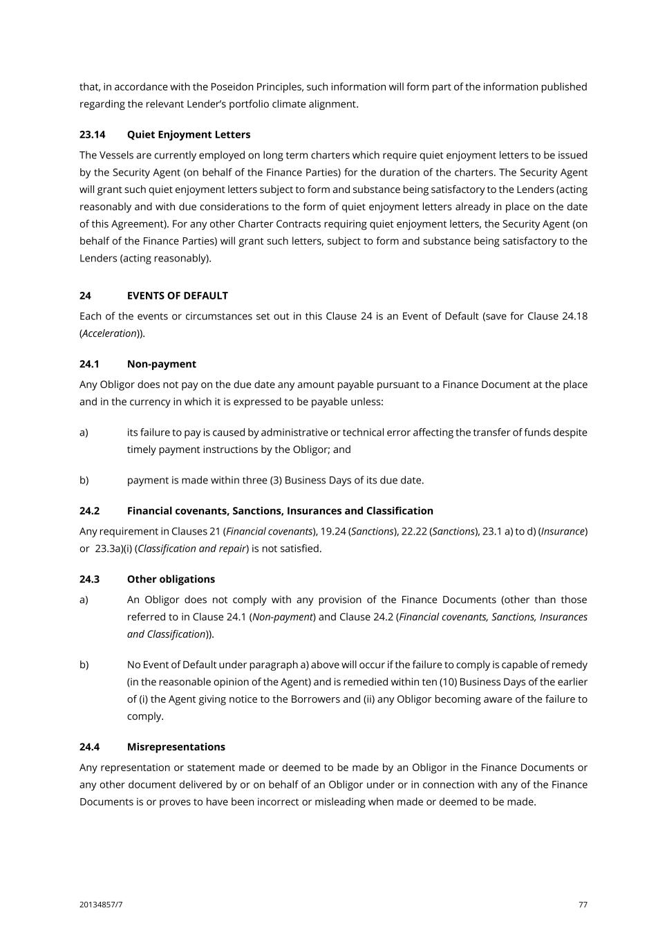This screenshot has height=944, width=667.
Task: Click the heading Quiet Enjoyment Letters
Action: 188,135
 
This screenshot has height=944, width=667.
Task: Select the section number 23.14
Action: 92,135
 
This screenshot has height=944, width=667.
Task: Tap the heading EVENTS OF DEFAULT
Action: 177,296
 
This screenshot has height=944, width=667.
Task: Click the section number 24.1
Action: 89,364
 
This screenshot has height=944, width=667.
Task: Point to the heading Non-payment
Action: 161,364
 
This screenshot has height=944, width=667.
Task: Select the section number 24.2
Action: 89,511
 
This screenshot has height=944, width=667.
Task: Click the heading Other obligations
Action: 171,580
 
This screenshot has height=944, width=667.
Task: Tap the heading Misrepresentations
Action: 176,747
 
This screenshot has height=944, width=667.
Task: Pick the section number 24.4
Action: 89,747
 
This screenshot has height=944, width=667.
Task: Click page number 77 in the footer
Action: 583,905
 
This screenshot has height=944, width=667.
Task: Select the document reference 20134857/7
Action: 101,905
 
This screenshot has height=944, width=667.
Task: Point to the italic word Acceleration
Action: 109,333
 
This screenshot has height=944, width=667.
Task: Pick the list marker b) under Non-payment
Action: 84,480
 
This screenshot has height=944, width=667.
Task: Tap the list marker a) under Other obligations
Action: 84,600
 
